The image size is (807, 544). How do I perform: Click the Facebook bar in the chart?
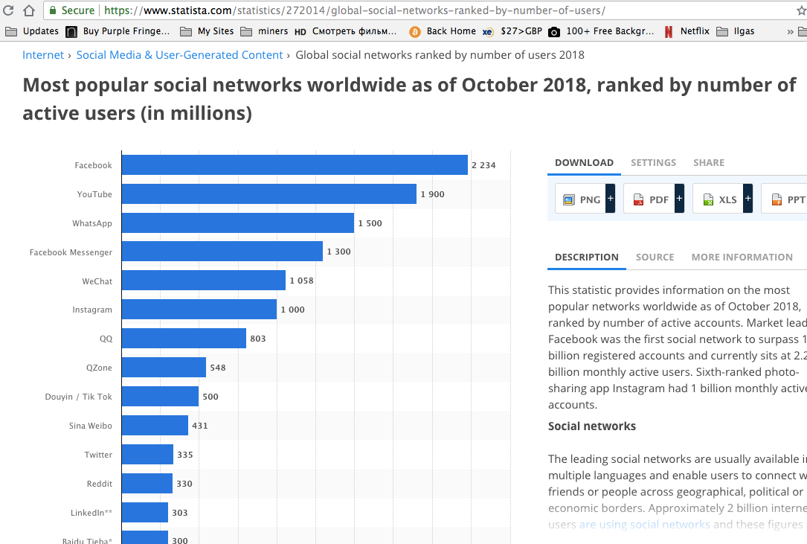pos(295,165)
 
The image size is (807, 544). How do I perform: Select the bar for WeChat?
pos(203,281)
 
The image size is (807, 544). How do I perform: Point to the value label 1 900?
pos(432,194)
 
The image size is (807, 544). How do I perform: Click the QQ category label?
pos(106,339)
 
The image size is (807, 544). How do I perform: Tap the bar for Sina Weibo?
pos(155,426)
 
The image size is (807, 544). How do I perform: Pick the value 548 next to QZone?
pos(217,368)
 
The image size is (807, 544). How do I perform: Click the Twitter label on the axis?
pos(98,455)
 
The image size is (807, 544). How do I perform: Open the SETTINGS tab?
pos(653,162)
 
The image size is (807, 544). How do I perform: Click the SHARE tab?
pos(708,162)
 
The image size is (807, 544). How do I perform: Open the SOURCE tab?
pos(655,257)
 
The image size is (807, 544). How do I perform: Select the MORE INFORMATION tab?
pos(742,257)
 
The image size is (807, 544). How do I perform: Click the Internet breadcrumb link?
pos(43,55)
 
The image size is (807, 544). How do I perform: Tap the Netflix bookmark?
pos(694,31)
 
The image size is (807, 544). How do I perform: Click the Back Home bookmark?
pos(451,31)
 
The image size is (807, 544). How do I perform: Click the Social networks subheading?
pos(592,426)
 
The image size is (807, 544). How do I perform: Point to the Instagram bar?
pos(199,310)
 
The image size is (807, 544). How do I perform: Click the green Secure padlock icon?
pos(53,10)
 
